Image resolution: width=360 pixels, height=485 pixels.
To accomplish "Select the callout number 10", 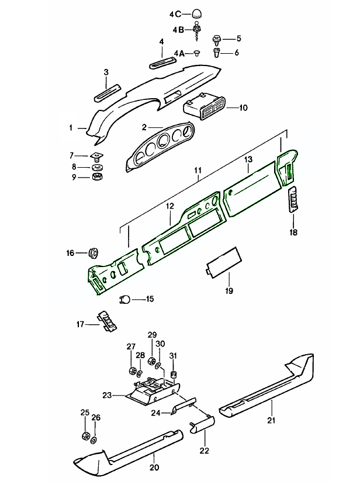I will pos(243,108).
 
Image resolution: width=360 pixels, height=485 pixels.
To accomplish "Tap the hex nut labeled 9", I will pos(98,176).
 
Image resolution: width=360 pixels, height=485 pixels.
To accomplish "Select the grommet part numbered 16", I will pos(92,253).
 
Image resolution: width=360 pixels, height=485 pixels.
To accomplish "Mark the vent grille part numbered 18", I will pos(292,202).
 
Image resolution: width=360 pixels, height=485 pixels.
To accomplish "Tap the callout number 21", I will pos(271,420).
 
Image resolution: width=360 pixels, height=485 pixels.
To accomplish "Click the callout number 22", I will pos(204,451).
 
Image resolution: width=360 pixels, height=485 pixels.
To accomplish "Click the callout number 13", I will pos(248,159).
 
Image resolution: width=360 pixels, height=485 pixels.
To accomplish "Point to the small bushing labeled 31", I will pos(173,373).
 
